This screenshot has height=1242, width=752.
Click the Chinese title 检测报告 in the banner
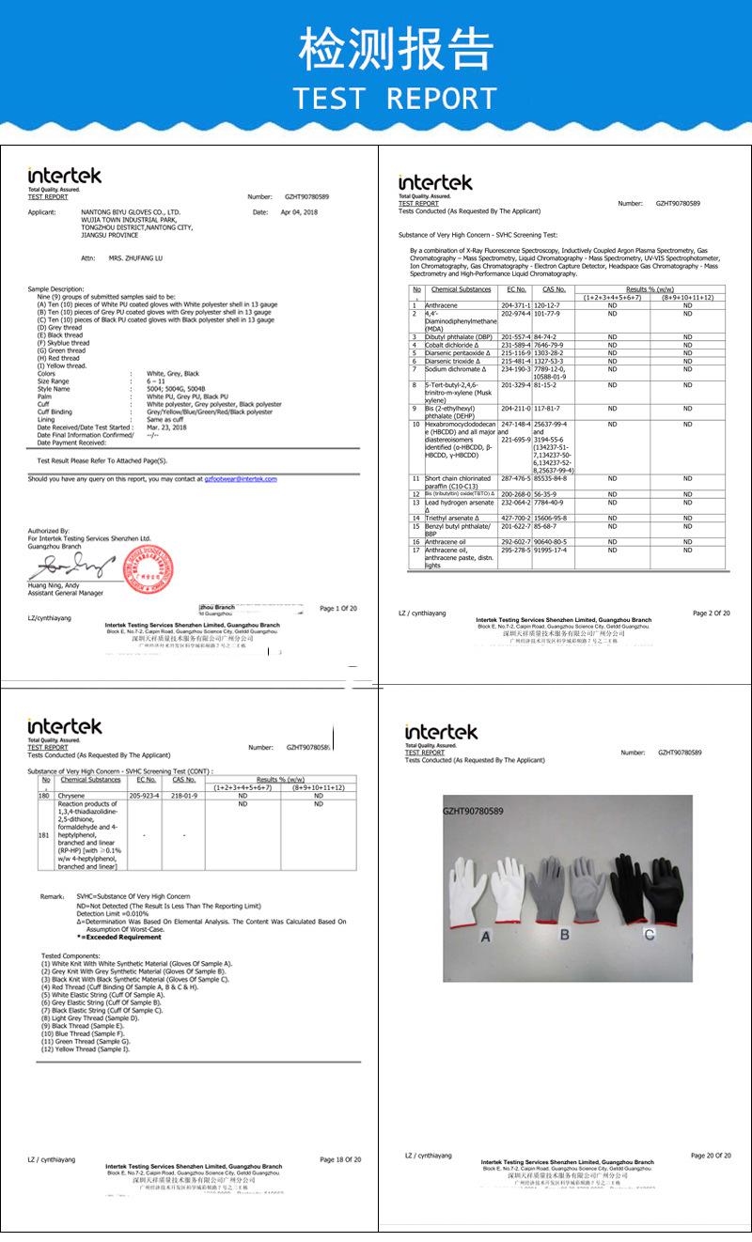(x=395, y=48)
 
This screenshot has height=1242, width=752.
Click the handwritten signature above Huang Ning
(x=70, y=567)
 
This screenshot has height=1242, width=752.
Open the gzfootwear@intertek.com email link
(x=241, y=478)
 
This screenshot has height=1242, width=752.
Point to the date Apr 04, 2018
(x=299, y=212)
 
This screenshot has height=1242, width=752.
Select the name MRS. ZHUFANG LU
(x=135, y=256)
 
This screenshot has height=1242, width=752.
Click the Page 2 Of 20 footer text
(x=711, y=613)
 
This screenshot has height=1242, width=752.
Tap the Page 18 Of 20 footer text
(x=340, y=1159)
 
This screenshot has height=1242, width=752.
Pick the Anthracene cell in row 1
(x=441, y=305)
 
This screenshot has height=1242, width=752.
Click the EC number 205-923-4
(x=147, y=795)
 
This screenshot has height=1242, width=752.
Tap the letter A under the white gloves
(x=486, y=937)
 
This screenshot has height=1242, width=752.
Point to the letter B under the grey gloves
(x=565, y=934)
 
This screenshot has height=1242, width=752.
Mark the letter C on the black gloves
(x=649, y=934)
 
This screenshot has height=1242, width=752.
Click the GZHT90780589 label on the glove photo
(x=474, y=810)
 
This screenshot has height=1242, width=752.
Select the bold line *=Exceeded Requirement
(x=119, y=937)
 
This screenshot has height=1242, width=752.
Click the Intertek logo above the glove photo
(x=441, y=732)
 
